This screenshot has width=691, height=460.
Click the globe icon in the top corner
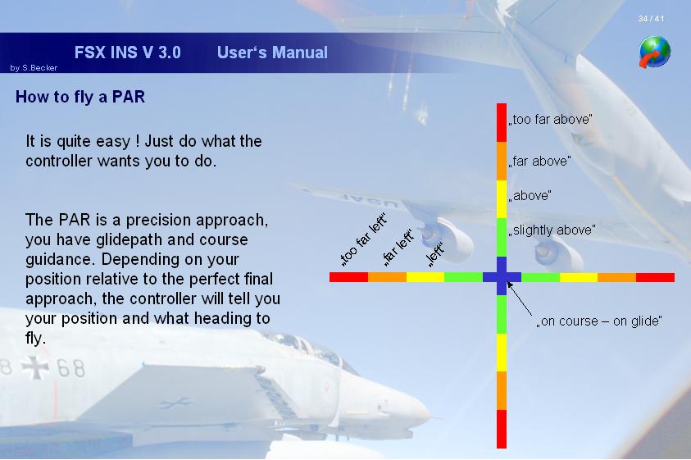(x=655, y=52)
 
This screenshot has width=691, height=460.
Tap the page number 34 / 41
(x=651, y=19)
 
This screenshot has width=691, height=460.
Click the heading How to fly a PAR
(x=80, y=97)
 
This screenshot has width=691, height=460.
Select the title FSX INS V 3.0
(x=127, y=52)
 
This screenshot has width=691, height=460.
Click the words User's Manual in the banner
(x=272, y=52)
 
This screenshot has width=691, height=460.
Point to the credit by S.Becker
(x=34, y=68)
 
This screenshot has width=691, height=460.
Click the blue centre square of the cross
(x=502, y=277)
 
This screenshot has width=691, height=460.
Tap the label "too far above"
(x=550, y=120)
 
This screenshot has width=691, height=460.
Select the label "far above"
(x=540, y=162)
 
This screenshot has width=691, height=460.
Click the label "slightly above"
(x=552, y=230)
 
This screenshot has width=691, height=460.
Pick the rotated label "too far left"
(x=364, y=239)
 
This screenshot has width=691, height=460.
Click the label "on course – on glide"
(x=599, y=321)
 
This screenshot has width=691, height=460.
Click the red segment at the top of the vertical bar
(x=502, y=123)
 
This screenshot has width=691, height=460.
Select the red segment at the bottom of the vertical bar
(x=502, y=429)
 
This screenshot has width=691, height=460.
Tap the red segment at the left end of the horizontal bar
(x=348, y=277)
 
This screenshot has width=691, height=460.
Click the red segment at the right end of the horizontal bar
(x=655, y=277)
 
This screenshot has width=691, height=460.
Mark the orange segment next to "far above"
(x=502, y=161)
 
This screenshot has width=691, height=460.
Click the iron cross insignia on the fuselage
(x=34, y=367)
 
